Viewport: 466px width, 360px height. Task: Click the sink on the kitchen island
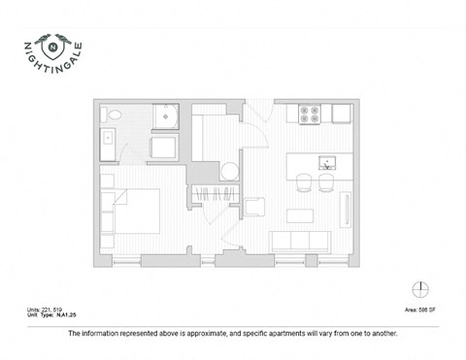(x=328, y=160)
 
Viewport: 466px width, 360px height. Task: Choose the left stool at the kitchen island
(x=304, y=182)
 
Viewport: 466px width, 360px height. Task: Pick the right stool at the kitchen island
(x=327, y=182)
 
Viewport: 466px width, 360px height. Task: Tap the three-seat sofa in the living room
(x=292, y=241)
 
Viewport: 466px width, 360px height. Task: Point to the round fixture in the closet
(x=229, y=173)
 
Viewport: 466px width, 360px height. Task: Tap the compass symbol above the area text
(x=419, y=288)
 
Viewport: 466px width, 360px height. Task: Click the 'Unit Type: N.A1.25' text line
(x=51, y=315)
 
